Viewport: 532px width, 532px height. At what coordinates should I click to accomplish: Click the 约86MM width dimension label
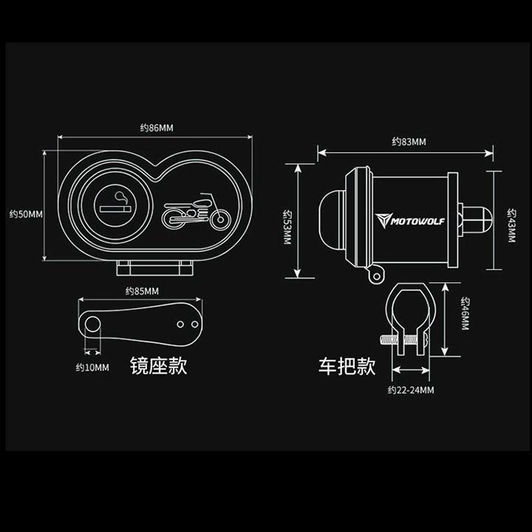click(x=157, y=128)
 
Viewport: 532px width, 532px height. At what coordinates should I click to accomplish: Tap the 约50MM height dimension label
click(x=26, y=214)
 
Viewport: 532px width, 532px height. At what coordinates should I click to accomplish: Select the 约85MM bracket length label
click(x=142, y=291)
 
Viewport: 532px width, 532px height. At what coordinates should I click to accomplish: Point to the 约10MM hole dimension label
click(x=92, y=367)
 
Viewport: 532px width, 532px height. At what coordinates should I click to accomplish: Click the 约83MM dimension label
click(x=409, y=141)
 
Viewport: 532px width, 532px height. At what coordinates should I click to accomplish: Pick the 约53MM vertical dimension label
click(x=287, y=227)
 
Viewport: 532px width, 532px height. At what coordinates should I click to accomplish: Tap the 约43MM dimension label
click(x=511, y=225)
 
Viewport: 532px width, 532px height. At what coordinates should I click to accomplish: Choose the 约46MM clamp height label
click(x=465, y=313)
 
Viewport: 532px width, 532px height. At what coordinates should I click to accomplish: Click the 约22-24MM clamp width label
click(x=411, y=390)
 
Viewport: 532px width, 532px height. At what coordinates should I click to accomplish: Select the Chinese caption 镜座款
click(x=158, y=366)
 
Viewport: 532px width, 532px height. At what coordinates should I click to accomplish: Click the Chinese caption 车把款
click(x=347, y=366)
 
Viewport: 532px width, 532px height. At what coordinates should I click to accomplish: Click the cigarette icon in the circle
click(x=115, y=205)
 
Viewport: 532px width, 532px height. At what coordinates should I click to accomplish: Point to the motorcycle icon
click(x=196, y=212)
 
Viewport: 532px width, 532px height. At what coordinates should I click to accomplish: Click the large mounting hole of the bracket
click(x=92, y=324)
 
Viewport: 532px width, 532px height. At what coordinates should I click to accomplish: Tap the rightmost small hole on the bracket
click(x=195, y=324)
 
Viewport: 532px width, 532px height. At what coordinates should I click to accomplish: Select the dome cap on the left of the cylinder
click(x=332, y=220)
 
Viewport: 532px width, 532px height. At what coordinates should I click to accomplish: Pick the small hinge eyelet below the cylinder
click(x=376, y=276)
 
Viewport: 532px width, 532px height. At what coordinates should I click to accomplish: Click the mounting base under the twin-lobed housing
click(x=154, y=268)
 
